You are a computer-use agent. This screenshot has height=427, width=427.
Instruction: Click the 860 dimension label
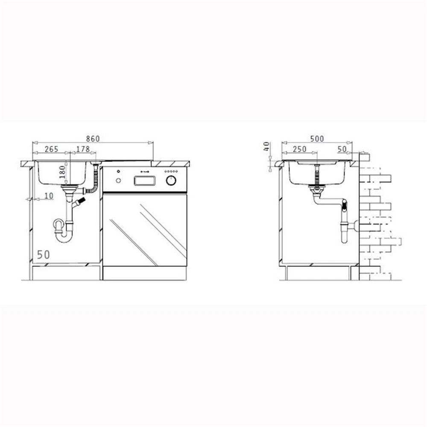93,139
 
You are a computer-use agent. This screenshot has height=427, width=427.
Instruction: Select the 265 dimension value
52,149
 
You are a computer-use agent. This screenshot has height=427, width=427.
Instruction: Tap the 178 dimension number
83,149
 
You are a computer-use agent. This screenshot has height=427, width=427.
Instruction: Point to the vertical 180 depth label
62,172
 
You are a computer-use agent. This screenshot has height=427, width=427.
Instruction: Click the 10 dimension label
49,196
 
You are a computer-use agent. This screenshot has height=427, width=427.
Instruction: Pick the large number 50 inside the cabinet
43,255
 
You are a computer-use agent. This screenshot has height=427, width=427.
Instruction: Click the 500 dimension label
317,139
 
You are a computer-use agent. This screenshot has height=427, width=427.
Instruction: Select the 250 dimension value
300,149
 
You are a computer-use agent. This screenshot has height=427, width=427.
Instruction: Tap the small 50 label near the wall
342,149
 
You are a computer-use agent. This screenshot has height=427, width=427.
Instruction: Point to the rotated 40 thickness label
266,146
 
